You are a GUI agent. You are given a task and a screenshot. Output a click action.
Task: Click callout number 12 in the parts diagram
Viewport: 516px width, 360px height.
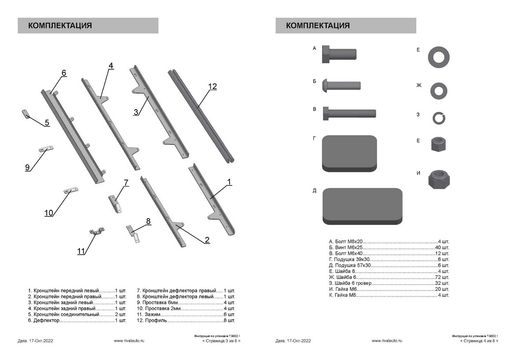(x=212, y=86)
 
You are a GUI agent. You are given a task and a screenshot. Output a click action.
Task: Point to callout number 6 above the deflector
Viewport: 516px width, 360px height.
(x=64, y=73)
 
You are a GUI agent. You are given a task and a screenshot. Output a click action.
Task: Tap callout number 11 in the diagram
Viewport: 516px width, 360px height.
(x=81, y=251)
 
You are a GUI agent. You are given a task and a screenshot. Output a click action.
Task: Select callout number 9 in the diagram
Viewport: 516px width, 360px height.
(x=28, y=168)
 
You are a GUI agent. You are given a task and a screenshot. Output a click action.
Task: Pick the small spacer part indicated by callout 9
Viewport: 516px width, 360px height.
(x=46, y=149)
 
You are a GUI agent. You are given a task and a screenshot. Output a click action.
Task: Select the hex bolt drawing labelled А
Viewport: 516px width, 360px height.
(x=339, y=54)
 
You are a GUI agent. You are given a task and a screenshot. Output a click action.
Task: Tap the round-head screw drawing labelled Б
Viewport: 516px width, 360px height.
(x=341, y=85)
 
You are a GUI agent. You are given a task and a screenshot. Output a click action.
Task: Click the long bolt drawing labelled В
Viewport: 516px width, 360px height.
(x=349, y=114)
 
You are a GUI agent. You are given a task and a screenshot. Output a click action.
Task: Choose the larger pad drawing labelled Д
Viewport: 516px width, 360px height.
(x=362, y=206)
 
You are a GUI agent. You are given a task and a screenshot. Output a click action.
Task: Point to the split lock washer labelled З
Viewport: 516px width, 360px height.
(x=437, y=117)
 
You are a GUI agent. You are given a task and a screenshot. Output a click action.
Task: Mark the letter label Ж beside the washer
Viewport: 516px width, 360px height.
(x=419, y=85)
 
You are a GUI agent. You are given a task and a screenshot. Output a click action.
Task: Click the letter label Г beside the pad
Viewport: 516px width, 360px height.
(x=314, y=138)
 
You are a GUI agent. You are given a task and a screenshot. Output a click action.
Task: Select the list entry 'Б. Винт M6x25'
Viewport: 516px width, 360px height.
(x=347, y=248)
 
